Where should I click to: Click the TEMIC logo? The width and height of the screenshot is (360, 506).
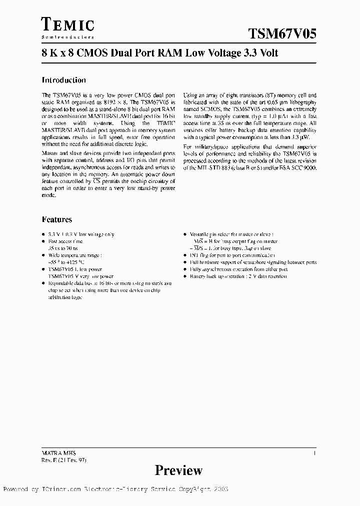tap(67, 24)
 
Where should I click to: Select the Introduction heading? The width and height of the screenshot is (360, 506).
tap(63, 80)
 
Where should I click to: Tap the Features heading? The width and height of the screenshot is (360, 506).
tap(56, 219)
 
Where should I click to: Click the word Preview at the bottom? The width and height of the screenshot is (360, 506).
tap(178, 470)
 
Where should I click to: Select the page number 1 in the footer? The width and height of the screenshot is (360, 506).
tap(314, 452)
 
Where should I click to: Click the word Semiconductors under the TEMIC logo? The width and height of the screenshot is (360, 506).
tap(67, 37)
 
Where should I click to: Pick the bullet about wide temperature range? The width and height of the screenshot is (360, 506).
tap(74, 254)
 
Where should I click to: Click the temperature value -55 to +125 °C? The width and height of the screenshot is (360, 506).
tap(66, 261)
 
